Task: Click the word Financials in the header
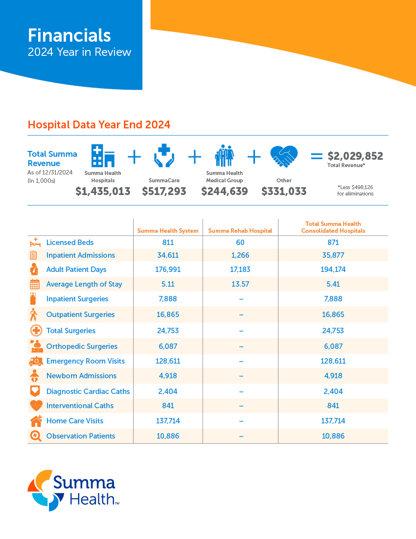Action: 69,35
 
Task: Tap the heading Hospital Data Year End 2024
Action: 99,124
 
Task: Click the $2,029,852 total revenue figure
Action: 355,156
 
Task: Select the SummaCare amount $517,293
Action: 164,192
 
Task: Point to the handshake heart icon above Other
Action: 284,157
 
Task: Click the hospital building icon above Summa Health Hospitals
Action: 103,156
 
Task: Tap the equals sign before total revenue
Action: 317,157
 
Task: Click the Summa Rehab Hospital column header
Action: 240,230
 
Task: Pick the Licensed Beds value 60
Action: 240,243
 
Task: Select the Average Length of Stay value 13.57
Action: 240,284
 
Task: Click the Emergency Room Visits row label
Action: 85,361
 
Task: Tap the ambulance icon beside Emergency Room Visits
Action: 35,361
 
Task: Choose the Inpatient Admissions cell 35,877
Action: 333,255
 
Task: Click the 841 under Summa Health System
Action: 168,406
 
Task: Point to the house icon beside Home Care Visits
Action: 36,420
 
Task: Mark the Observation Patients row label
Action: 80,436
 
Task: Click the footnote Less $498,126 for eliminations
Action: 355,190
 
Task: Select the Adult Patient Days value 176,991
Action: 168,269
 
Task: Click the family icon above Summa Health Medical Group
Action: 224,156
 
